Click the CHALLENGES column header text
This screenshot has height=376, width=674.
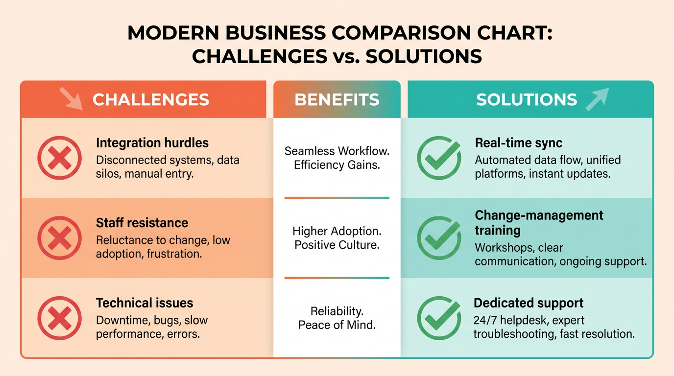click(x=151, y=100)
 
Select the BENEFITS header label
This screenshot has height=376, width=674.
click(x=337, y=100)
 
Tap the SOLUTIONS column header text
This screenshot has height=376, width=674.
click(x=527, y=100)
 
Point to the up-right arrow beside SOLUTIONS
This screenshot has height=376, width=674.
click(x=597, y=98)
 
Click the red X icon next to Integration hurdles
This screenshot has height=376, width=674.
click(x=59, y=158)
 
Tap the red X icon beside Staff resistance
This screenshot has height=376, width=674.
click(x=59, y=237)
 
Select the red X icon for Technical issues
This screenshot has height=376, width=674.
click(x=59, y=318)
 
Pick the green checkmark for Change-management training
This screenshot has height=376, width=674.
click(x=439, y=237)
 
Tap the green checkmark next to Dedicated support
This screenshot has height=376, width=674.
click(x=439, y=318)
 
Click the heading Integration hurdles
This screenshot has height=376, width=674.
click(x=152, y=143)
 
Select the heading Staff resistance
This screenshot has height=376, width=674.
click(x=142, y=223)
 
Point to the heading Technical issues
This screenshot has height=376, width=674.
click(x=144, y=303)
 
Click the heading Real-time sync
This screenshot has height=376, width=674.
click(x=519, y=143)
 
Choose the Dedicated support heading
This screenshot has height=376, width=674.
click(x=529, y=303)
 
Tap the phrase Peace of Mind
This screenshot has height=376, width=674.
click(x=337, y=325)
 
